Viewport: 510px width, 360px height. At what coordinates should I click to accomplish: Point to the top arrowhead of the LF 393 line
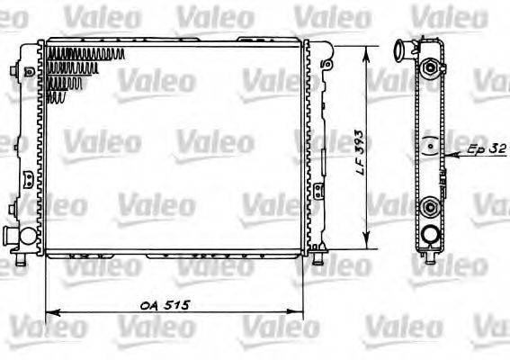tap(366, 49)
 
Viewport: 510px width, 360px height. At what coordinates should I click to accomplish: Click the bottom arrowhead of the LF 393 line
tap(366, 242)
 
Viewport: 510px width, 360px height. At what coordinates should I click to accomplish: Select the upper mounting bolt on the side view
tap(433, 68)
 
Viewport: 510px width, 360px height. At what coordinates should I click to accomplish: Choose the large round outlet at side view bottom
tap(433, 236)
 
